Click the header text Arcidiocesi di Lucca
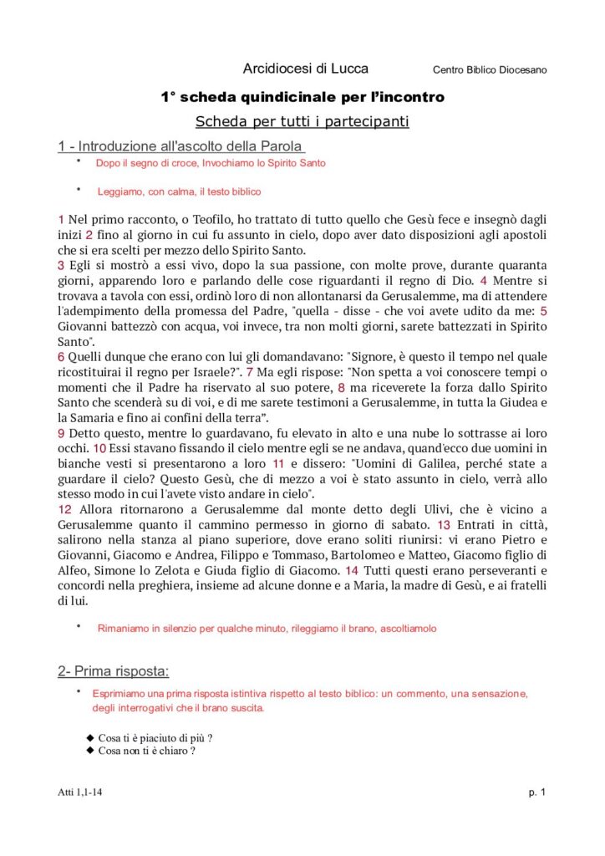(x=305, y=69)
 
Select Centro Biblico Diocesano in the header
(x=490, y=69)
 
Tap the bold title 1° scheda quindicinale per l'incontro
(x=302, y=97)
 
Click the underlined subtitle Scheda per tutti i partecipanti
(x=302, y=122)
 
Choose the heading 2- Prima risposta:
(x=114, y=670)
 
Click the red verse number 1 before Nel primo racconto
(x=61, y=219)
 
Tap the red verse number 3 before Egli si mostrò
(x=61, y=265)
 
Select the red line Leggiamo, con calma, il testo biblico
(x=179, y=191)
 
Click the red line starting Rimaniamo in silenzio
(x=267, y=627)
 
